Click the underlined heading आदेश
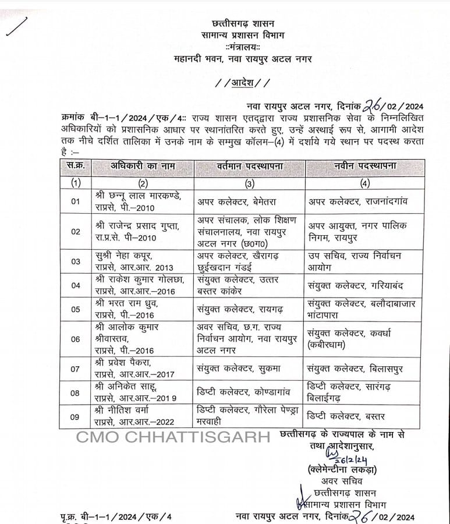pyautogui.click(x=243, y=83)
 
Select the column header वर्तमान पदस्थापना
pyautogui.click(x=247, y=166)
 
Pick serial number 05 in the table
pyautogui.click(x=76, y=309)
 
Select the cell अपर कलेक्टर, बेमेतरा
pyautogui.click(x=236, y=201)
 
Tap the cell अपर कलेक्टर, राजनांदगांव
pyautogui.click(x=357, y=201)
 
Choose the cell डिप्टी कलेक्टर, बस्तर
pyautogui.click(x=347, y=417)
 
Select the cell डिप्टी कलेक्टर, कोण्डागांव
pyautogui.click(x=240, y=393)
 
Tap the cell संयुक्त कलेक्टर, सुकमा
pyautogui.click(x=235, y=369)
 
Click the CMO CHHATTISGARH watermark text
pyautogui.click(x=173, y=437)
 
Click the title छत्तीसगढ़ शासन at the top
pyautogui.click(x=243, y=24)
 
